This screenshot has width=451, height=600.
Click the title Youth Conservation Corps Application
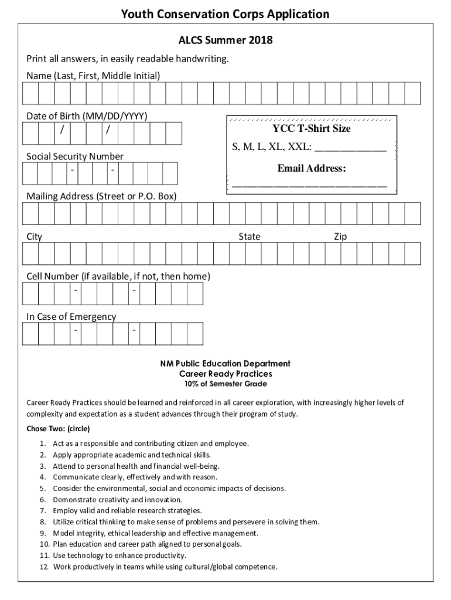(225, 14)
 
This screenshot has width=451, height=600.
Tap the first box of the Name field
(30, 93)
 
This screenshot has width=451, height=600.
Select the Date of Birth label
(87, 115)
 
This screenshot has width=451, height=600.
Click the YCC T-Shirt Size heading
(311, 128)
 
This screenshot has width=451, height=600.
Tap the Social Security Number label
(75, 156)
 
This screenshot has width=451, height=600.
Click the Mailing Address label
(101, 196)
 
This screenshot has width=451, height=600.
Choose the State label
(249, 237)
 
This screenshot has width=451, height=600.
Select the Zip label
(340, 237)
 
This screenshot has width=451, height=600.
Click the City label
(35, 237)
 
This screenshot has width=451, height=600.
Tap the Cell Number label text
(118, 276)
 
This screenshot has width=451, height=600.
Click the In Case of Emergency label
(71, 316)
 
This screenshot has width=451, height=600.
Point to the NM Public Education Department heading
(225, 363)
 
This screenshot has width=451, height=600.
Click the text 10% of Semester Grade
(225, 384)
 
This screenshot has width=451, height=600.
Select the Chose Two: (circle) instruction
(58, 428)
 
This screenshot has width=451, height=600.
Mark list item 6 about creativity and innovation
(117, 500)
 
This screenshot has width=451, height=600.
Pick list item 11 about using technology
(119, 555)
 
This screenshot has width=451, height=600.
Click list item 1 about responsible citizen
(151, 444)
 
